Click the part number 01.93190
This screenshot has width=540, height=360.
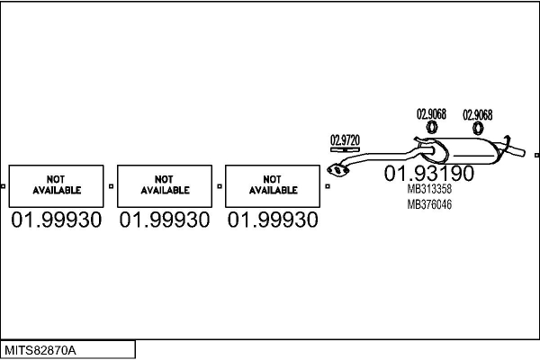tap(429, 173)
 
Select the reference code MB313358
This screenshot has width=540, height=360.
tap(429, 190)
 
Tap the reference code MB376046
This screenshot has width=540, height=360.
tap(429, 204)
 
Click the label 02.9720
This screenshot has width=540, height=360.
tap(345, 139)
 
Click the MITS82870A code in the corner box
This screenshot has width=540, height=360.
tap(41, 349)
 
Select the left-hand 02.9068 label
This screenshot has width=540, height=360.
tap(430, 114)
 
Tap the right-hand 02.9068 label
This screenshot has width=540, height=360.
tap(477, 114)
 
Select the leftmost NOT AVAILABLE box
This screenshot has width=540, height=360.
tap(57, 185)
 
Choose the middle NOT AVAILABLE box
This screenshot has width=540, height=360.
tap(165, 185)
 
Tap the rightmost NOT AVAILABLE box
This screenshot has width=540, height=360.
tap(273, 185)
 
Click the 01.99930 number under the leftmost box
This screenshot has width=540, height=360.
tap(57, 220)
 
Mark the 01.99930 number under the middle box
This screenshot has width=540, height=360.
tap(165, 220)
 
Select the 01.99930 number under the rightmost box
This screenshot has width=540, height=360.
tap(273, 220)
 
